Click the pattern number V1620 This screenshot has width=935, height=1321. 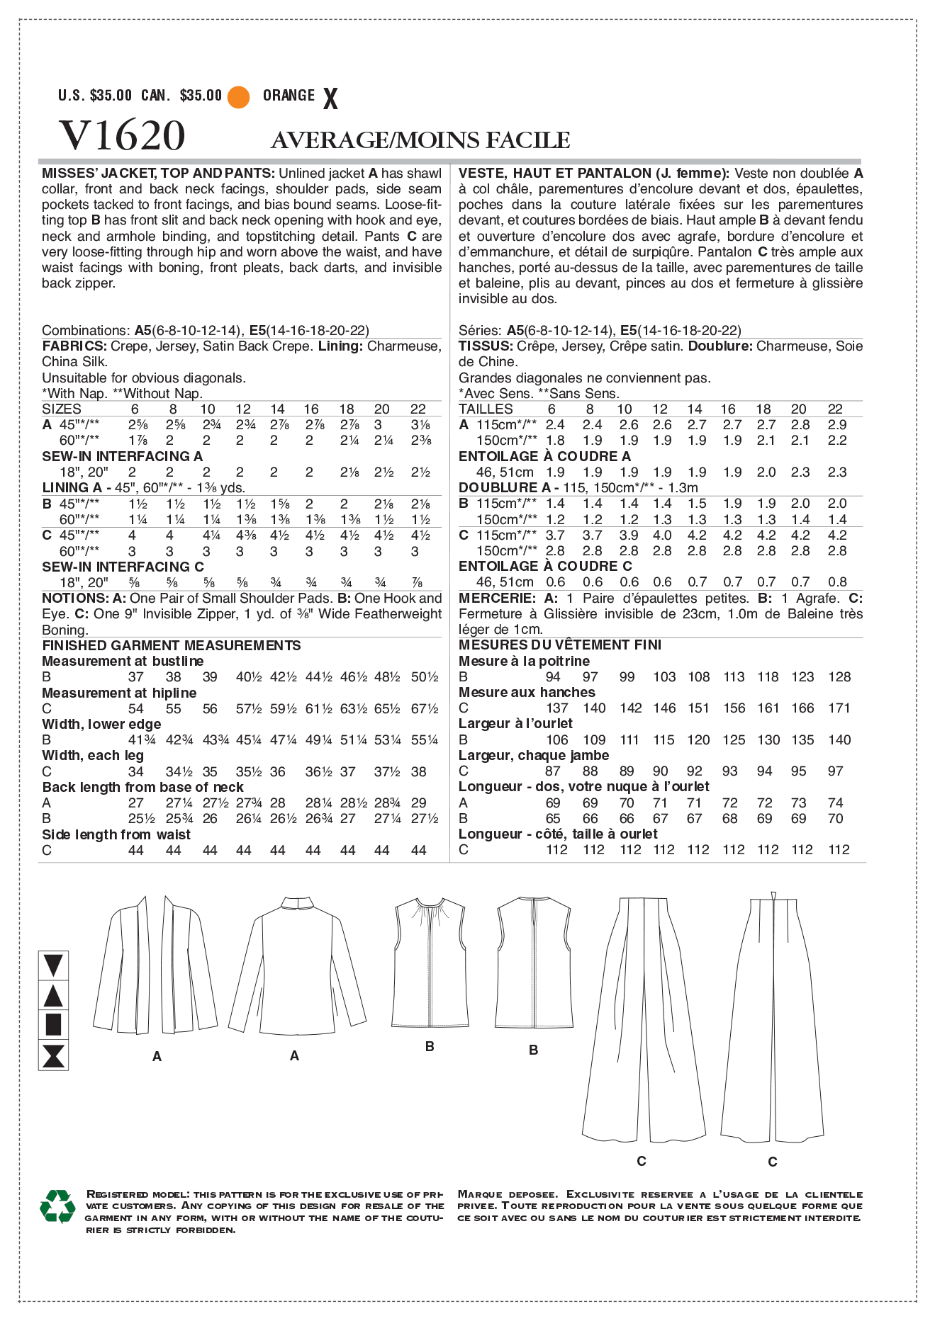click(x=122, y=135)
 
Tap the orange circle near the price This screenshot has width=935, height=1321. click(x=239, y=97)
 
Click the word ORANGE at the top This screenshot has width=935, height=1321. click(x=289, y=96)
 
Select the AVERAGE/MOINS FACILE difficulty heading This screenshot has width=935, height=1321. click(x=420, y=140)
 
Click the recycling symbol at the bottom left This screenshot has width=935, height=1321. click(x=57, y=1206)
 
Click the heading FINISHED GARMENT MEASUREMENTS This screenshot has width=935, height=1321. click(x=172, y=645)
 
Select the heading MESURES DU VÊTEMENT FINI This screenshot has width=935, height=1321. click(x=559, y=645)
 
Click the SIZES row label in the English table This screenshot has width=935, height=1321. click(x=62, y=409)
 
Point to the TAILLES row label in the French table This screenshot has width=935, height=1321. click(x=486, y=409)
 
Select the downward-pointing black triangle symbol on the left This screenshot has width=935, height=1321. click(x=53, y=965)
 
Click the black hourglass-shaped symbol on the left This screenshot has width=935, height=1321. click(x=53, y=1055)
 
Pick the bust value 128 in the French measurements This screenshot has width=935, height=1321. click(x=839, y=677)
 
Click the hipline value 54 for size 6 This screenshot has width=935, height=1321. click(x=135, y=709)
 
